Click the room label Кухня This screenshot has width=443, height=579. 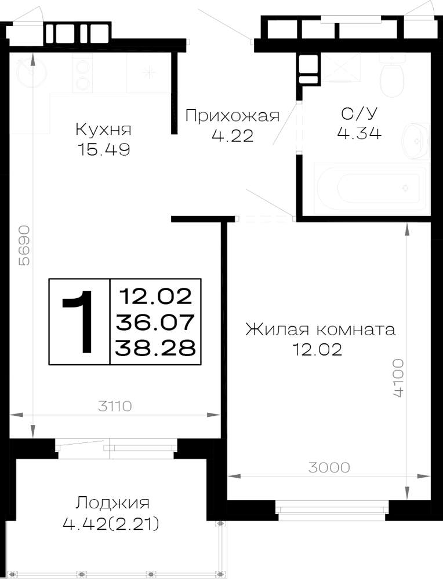point(103,130)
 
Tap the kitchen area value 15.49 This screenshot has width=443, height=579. point(104,149)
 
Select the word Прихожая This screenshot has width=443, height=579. point(232,116)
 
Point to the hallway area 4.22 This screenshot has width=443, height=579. point(233,136)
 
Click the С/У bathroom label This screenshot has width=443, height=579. point(360,114)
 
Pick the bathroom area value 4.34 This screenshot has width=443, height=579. point(359,133)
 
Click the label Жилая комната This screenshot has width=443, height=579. point(320,329)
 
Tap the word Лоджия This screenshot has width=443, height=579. point(112,503)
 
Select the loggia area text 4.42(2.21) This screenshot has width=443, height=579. point(111,523)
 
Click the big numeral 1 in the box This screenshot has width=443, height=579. point(78,321)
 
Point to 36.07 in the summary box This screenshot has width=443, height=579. point(155,322)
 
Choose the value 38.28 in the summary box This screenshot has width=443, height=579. point(155,348)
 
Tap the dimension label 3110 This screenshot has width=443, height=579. point(115,406)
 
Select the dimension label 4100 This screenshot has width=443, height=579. point(398,378)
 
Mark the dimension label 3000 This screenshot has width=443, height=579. point(329,467)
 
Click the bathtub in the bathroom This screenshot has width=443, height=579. point(371,188)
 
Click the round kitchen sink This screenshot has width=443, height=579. point(32,72)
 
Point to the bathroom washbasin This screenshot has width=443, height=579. point(415,141)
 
